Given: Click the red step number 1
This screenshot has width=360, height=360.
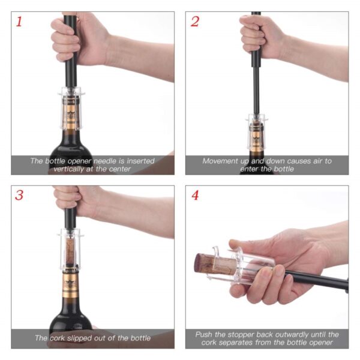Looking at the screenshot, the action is tap(19, 22).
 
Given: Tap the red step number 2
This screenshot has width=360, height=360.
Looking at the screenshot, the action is tap(194, 22).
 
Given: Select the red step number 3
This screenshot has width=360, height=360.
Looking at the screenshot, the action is tap(19, 195).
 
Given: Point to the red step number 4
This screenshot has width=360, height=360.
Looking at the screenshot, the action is tap(195, 195).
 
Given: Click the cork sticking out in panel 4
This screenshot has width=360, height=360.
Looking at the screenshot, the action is tap(205, 263).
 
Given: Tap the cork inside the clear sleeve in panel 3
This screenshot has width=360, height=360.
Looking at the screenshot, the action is tap(70, 250).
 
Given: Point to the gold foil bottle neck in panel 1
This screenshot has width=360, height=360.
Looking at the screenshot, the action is tap(71, 114).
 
